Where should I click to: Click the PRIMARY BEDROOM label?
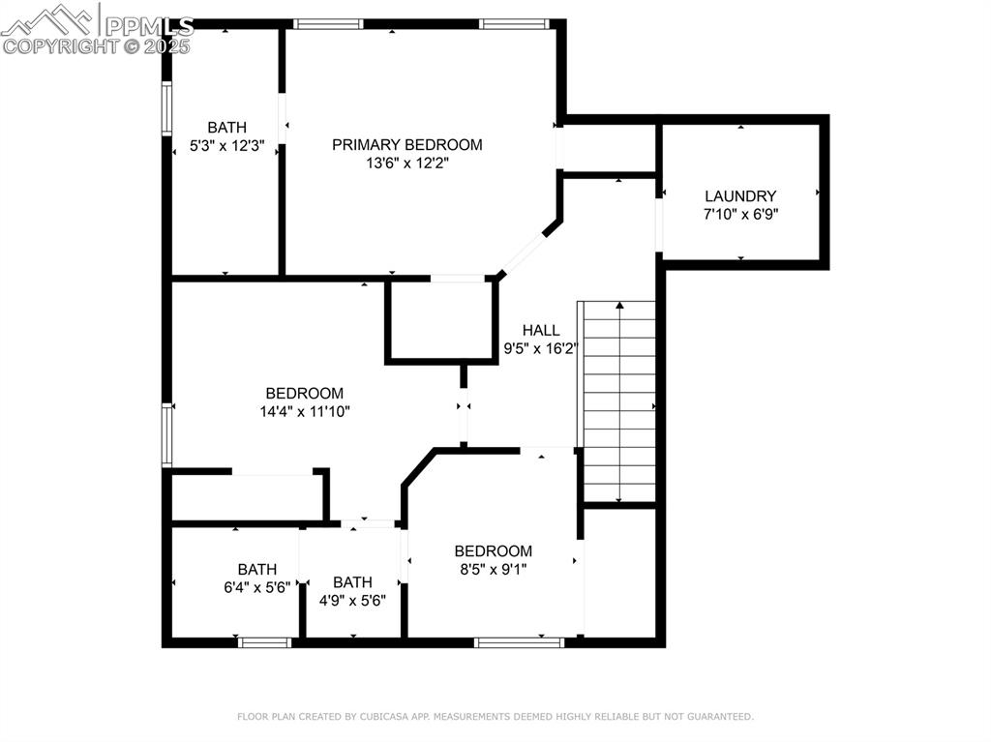pos(406,145)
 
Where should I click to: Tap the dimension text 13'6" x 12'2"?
pos(406,163)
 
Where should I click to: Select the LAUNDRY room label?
pos(740,195)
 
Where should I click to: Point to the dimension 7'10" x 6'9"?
pos(740,214)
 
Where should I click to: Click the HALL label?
pos(540,330)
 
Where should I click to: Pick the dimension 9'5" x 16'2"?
pos(540,348)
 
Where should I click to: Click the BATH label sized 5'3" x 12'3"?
pos(226,128)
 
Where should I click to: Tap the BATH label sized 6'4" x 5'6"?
pos(257,570)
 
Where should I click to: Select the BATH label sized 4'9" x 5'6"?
pos(352,582)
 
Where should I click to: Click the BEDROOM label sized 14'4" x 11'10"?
pos(305,394)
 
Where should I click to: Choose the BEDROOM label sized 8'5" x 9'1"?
pos(494,551)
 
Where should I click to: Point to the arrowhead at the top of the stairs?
pos(619,306)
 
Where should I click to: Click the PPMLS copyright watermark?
pos(97,29)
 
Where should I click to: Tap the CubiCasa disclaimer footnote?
pos(495,717)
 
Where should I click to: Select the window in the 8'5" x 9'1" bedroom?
pos(519,641)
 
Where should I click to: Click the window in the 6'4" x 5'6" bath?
pos(265,641)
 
